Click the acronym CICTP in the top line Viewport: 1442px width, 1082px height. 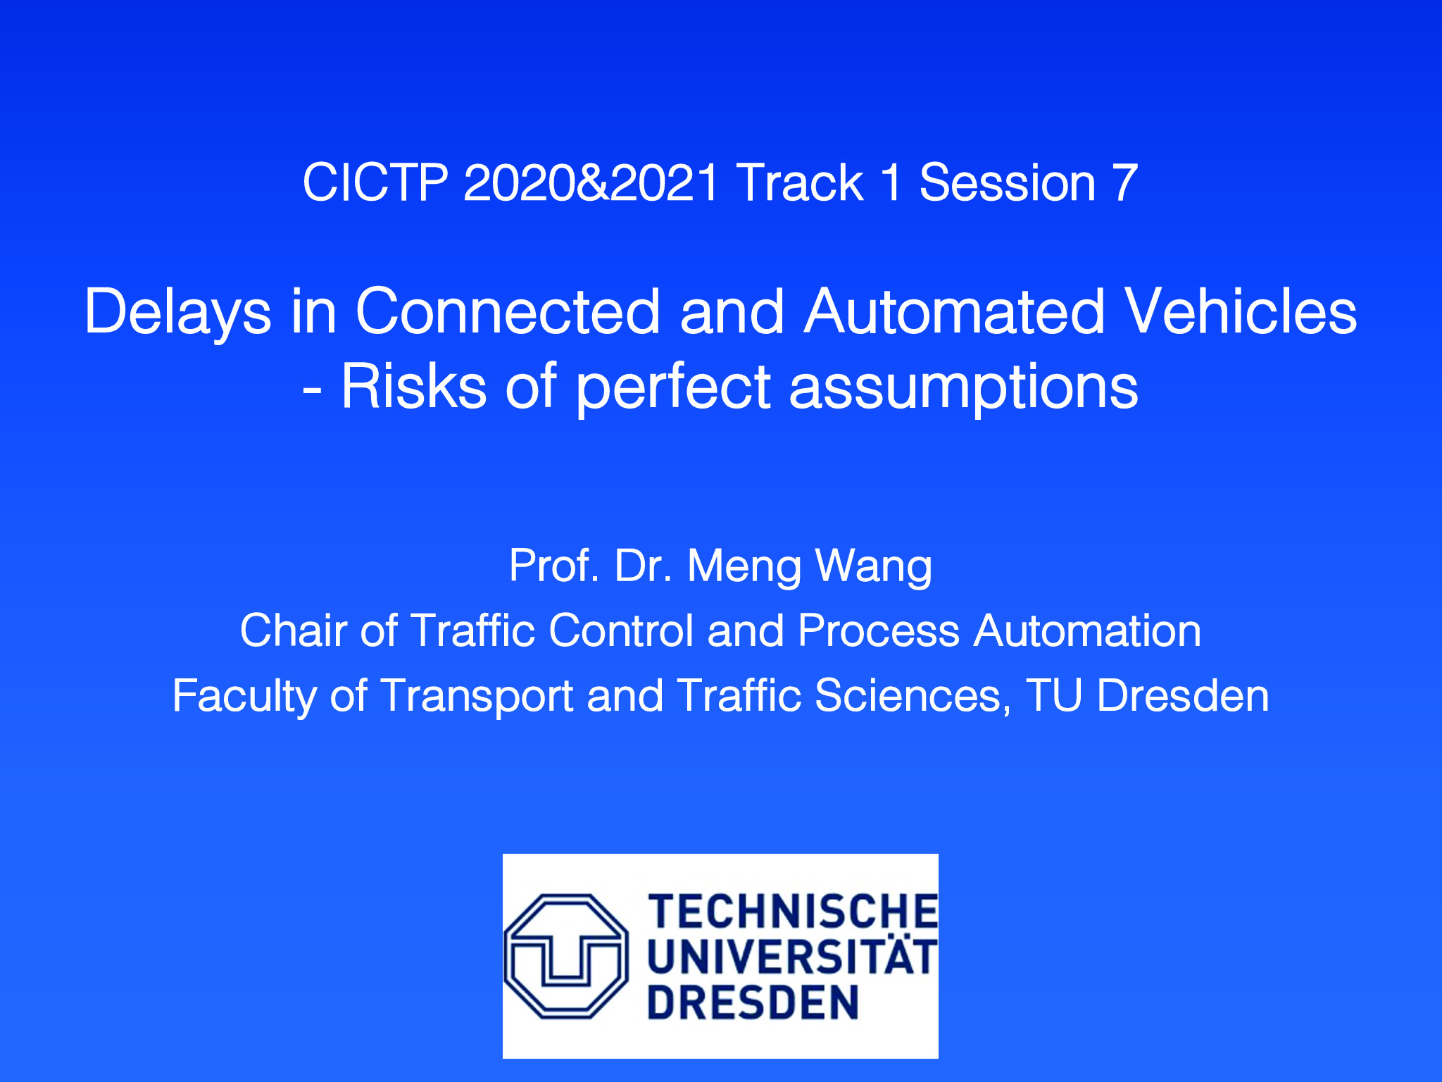(x=375, y=183)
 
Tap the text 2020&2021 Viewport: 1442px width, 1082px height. (x=591, y=183)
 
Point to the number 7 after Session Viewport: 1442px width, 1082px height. (x=1125, y=183)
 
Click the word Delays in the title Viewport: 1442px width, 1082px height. (x=177, y=313)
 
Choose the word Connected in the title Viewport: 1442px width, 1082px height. (x=508, y=311)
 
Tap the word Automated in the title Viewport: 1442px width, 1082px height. (x=955, y=311)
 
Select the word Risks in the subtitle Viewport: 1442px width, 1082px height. (x=414, y=387)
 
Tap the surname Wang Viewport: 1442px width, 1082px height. (x=873, y=567)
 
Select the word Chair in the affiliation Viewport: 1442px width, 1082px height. (x=294, y=630)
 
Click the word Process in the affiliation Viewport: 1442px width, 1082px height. (x=879, y=630)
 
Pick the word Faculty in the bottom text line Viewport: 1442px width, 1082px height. (x=244, y=697)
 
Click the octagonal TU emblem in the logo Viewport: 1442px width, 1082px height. (x=565, y=956)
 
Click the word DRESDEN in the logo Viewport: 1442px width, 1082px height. (x=753, y=1002)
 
